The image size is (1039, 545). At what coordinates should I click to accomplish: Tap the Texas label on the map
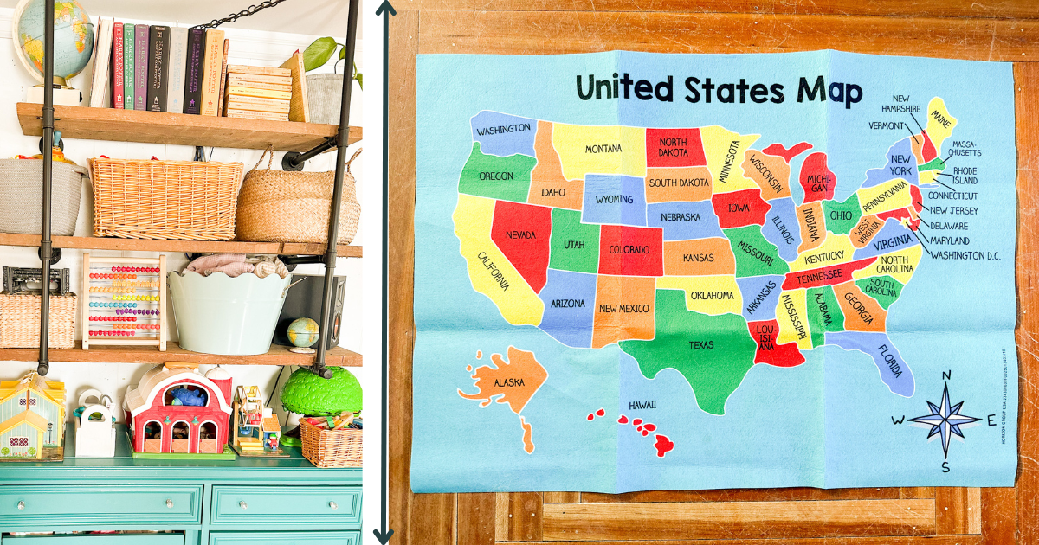pos(701,345)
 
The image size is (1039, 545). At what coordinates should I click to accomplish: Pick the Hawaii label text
pos(642,404)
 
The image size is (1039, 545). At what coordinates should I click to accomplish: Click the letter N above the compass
pos(945,375)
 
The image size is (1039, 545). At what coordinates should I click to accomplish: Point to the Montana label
pos(603,149)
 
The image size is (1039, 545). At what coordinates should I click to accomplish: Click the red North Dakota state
pos(673,147)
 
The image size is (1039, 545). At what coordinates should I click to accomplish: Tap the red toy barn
pos(177,411)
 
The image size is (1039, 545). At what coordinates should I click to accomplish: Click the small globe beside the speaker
pos(303,332)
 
